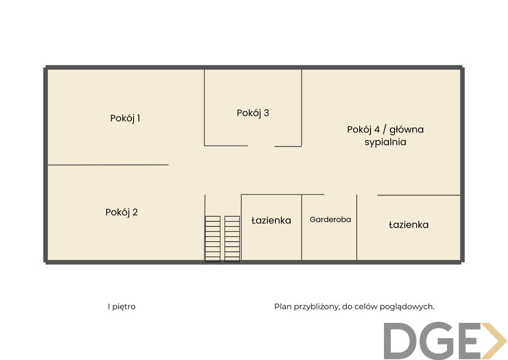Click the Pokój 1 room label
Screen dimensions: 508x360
[125, 118]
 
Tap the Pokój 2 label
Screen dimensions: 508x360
[122, 212]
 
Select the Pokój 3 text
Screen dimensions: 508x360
[253, 113]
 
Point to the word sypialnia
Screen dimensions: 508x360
[385, 142]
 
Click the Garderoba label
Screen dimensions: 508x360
[330, 220]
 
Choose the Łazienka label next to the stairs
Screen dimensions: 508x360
[271, 221]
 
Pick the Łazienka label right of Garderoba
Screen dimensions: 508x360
[409, 225]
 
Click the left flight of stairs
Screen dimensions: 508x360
[212, 239]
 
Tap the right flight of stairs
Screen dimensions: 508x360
[232, 239]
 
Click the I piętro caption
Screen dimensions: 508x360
[122, 306]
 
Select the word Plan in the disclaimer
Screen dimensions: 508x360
[283, 306]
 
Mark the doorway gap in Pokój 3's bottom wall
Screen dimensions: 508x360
[261, 146]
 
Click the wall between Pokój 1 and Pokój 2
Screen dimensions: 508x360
[108, 165]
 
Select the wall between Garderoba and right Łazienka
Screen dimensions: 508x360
[357, 227]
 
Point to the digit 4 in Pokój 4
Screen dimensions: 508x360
[377, 129]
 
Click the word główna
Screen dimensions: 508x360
[406, 130]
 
